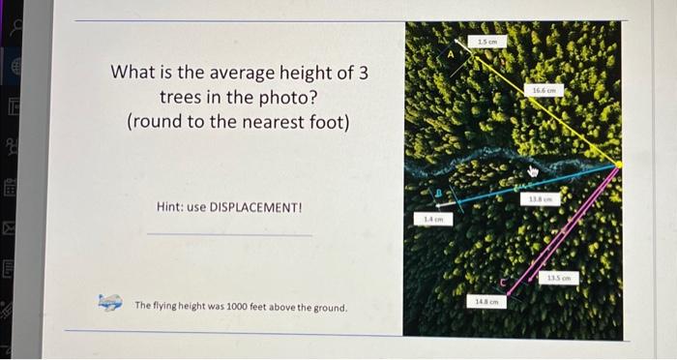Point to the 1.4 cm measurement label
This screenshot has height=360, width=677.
(432, 220)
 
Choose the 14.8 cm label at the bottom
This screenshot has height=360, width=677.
(486, 302)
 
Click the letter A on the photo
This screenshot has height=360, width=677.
(448, 56)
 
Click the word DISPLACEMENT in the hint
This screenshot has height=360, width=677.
(254, 208)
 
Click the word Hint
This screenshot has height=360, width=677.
(170, 208)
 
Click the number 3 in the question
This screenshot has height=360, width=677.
(362, 73)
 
